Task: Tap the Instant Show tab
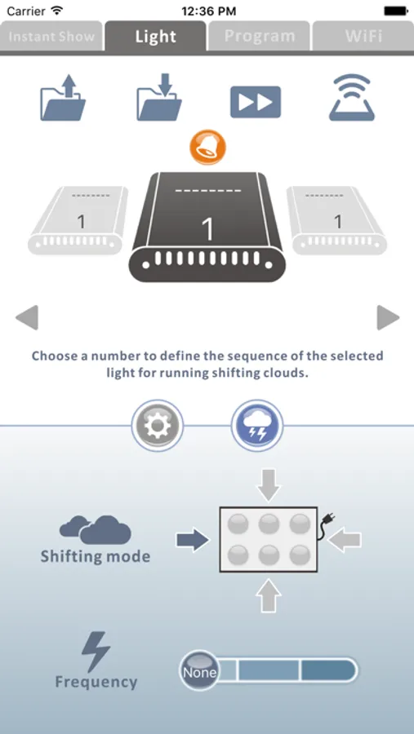[51, 36]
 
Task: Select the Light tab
[155, 36]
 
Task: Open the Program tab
[260, 36]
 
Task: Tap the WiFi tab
[363, 36]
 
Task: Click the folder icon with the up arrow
[63, 98]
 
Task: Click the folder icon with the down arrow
[159, 98]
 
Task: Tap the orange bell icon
[207, 148]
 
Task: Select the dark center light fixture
[207, 227]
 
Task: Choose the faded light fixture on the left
[78, 220]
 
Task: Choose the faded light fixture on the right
[336, 220]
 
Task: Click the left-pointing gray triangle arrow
[27, 318]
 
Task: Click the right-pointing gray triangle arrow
[388, 318]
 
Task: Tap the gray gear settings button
[158, 426]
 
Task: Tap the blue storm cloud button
[257, 426]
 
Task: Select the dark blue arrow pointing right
[193, 540]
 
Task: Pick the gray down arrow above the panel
[269, 484]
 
